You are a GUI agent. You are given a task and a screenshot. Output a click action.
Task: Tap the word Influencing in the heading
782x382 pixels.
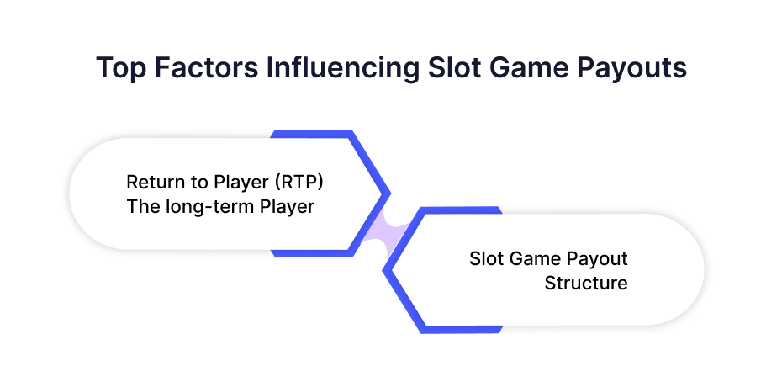(x=342, y=67)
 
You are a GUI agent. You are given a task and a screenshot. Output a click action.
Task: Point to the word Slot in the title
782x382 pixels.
(x=454, y=67)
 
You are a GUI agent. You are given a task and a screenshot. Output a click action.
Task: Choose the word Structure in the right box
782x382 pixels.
(x=586, y=283)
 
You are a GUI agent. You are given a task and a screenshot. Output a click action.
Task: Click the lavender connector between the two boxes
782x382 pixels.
(x=387, y=231)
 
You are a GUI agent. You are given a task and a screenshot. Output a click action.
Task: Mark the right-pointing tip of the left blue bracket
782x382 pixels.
(x=389, y=194)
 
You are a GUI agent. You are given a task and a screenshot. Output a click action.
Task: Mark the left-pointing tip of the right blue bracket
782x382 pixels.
(x=383, y=270)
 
